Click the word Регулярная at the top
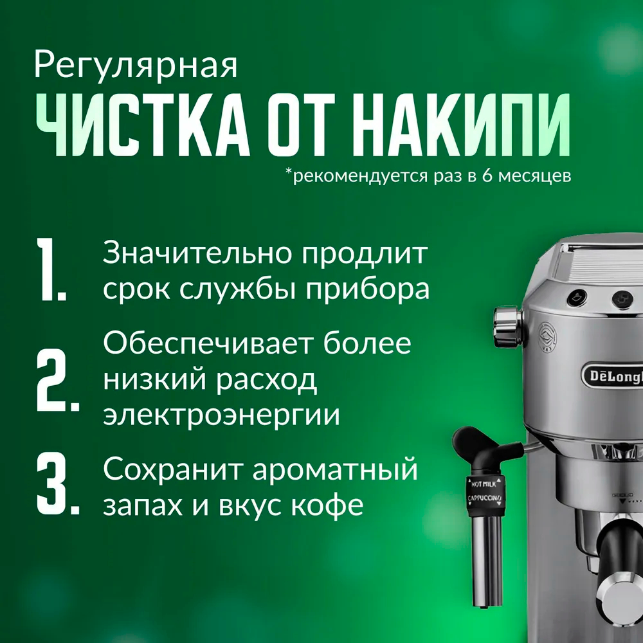[136, 66]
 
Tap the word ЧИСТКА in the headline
[143, 125]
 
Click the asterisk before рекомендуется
[289, 172]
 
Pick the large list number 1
[51, 269]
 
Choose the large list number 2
[57, 380]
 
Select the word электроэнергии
[221, 415]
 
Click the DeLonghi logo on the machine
[613, 376]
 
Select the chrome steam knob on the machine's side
[509, 327]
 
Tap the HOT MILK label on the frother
[484, 484]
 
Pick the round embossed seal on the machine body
[548, 337]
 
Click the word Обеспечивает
[208, 343]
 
